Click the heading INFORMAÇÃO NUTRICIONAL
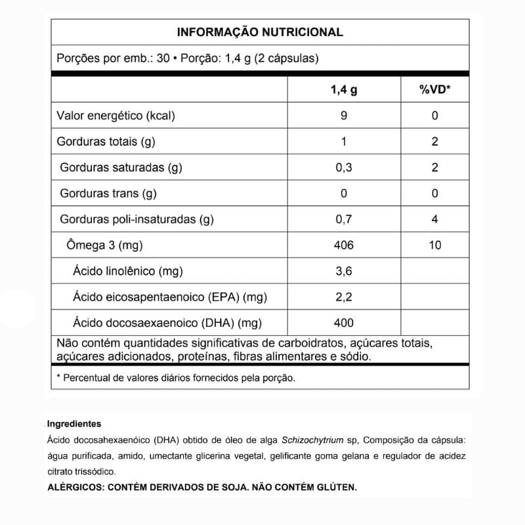coord(260,32)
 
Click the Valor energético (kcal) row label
coord(116,115)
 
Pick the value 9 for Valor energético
coord(344,115)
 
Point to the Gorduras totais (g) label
coord(106,141)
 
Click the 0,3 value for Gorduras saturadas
coord(344,167)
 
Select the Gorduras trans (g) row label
coord(108,193)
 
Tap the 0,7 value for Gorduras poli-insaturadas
coord(344,219)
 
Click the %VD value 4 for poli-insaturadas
coord(434,219)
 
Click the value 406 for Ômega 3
coord(344,245)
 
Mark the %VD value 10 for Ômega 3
coord(434,245)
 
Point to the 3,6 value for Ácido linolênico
coord(344,271)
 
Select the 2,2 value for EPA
coord(344,297)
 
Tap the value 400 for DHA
coord(344,322)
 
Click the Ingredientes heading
coord(74,424)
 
